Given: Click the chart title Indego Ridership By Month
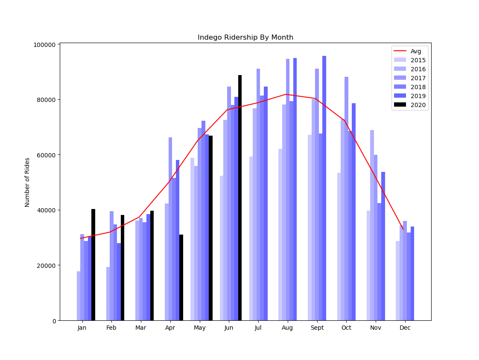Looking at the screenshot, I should (245, 38).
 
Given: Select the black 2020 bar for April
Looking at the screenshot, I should (181, 277).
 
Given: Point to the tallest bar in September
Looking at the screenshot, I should (324, 188).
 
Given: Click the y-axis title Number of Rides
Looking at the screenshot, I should (27, 182).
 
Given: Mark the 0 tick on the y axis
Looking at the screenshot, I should (54, 321).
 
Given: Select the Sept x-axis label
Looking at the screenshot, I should (317, 328).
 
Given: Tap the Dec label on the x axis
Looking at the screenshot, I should (405, 328).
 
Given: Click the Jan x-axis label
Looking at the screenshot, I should (82, 328).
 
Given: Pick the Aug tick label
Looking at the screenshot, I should (288, 328).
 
